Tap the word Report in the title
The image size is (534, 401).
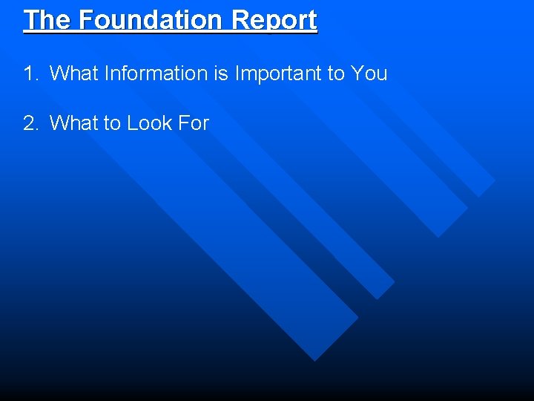coord(274,20)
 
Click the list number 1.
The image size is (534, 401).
coord(30,74)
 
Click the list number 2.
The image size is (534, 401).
coord(30,123)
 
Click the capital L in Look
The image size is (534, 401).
coord(132,123)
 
